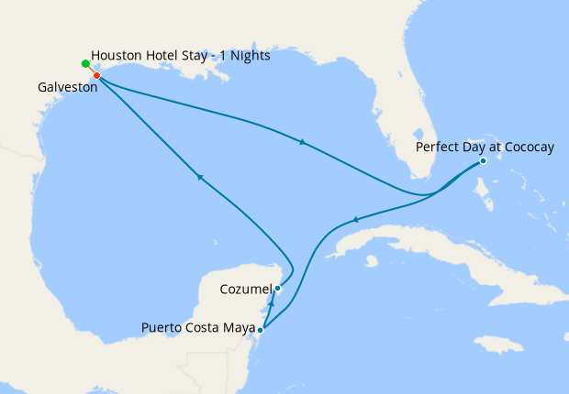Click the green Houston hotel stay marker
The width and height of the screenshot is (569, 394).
click(85, 63)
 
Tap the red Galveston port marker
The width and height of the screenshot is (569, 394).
click(96, 75)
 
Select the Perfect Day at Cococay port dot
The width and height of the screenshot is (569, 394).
click(484, 162)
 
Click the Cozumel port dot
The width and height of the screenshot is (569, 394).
click(277, 289)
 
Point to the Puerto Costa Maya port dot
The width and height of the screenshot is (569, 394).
click(262, 329)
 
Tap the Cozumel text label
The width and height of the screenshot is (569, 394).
click(246, 290)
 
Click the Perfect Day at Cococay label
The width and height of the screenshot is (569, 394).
click(485, 146)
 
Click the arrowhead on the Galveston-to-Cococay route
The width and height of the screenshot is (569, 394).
click(302, 141)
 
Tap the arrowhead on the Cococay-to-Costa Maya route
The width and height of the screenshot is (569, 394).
click(354, 220)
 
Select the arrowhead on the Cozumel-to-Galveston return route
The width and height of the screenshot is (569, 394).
click(197, 177)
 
